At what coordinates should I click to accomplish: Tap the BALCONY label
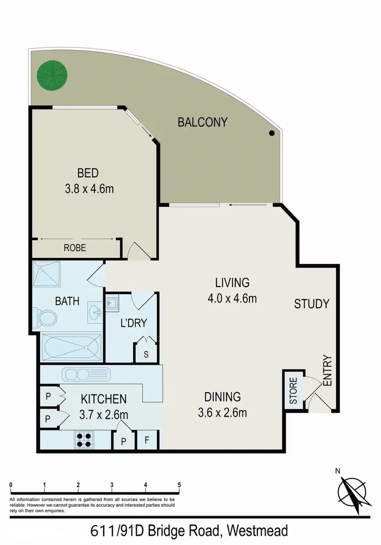click(x=202, y=122)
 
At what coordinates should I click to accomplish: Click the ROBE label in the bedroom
click(x=75, y=248)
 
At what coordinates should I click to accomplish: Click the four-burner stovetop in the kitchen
click(x=84, y=439)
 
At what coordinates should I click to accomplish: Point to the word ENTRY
click(x=327, y=370)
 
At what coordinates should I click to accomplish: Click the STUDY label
click(x=312, y=304)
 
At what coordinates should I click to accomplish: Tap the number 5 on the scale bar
click(x=179, y=485)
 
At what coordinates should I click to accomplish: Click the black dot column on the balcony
click(x=272, y=133)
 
